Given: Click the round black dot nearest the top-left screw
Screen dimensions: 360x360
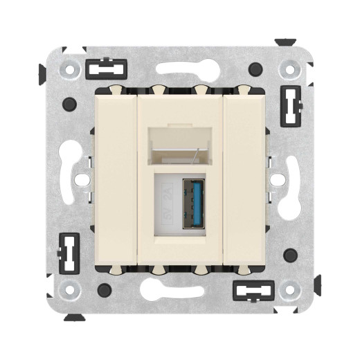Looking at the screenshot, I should tap(68, 104).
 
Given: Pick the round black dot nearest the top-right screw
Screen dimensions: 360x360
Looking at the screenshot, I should tap(256, 69).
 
